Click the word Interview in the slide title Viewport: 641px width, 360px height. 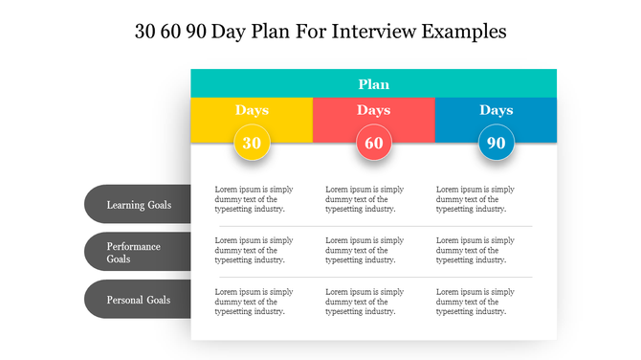click(x=374, y=31)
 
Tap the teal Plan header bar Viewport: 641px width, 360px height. click(x=373, y=83)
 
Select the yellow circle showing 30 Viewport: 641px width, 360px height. click(x=252, y=143)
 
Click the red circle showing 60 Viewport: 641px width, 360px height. click(x=374, y=143)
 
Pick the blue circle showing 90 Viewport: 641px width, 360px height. click(x=496, y=143)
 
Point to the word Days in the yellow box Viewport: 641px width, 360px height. click(x=252, y=110)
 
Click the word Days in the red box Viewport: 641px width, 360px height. click(x=374, y=110)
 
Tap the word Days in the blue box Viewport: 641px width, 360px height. click(x=496, y=110)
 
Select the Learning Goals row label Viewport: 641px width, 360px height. click(x=139, y=204)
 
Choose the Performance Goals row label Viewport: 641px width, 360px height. click(x=134, y=252)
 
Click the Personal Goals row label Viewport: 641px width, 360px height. click(x=139, y=300)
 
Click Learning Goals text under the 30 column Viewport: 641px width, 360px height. click(x=254, y=199)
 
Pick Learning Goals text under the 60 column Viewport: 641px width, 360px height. click(x=365, y=199)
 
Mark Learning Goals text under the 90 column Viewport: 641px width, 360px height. click(x=475, y=199)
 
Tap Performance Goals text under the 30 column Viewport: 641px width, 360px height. click(x=254, y=250)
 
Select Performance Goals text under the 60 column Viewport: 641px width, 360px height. click(x=365, y=250)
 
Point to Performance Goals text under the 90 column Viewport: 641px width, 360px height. click(x=475, y=250)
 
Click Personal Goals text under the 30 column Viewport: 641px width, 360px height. click(x=254, y=301)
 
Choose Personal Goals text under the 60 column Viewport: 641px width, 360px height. click(x=365, y=301)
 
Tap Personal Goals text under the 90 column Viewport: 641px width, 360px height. click(x=475, y=301)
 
